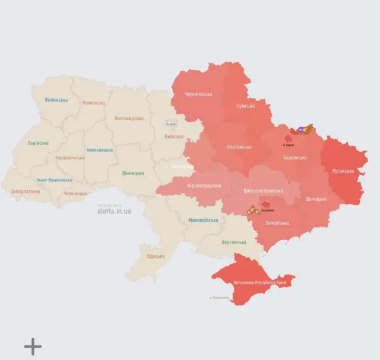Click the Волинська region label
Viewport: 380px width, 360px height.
[x=56, y=100]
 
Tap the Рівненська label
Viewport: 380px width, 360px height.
[x=94, y=103]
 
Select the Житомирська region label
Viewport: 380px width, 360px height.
[x=129, y=118]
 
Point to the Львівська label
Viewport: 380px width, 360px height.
[x=38, y=143]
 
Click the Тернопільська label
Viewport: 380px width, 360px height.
[x=70, y=158]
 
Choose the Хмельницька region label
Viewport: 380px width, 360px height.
[x=99, y=150]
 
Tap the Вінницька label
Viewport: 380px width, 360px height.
[x=133, y=173]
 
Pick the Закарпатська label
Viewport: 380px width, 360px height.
[x=26, y=191]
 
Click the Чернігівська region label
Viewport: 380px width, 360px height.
[x=199, y=94]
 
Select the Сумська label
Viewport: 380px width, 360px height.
[x=245, y=106]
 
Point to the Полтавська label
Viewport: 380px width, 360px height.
[x=239, y=147]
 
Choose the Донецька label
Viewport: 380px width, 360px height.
[x=316, y=198]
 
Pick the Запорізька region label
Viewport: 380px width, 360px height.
[x=277, y=223]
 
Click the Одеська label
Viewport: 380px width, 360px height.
[x=156, y=256]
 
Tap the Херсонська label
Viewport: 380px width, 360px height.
[x=233, y=242]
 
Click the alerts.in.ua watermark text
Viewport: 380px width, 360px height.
[x=115, y=211]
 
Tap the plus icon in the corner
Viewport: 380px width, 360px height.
[x=33, y=346]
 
